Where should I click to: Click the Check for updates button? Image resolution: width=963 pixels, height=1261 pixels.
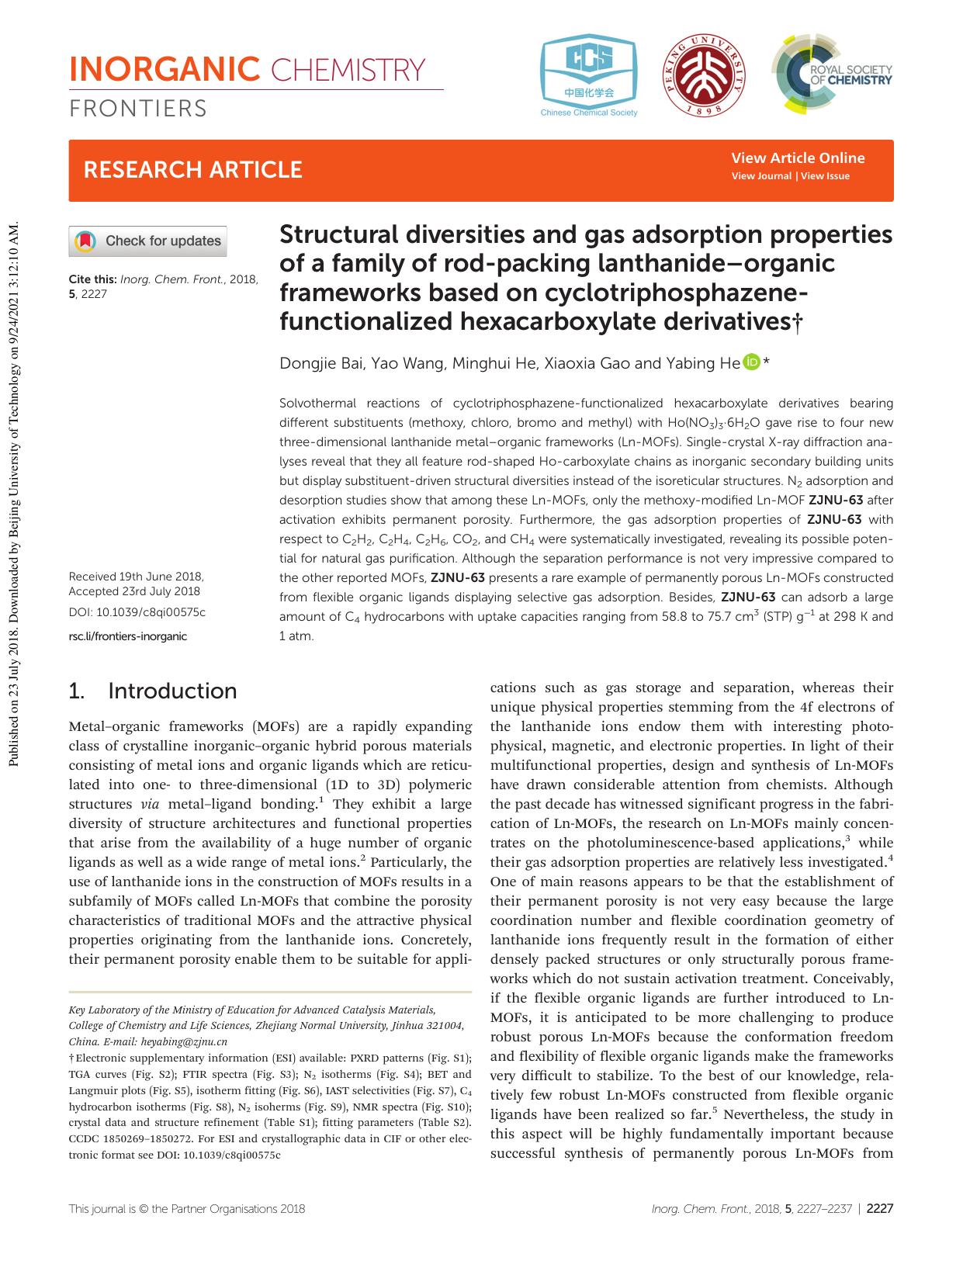point(148,241)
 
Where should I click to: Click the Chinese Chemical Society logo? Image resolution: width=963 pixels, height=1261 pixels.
point(589,76)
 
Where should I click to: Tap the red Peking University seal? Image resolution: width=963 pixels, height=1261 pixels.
point(705,75)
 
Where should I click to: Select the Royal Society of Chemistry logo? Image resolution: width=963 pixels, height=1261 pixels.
point(832,74)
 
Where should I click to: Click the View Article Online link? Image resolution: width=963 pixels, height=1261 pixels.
point(798,158)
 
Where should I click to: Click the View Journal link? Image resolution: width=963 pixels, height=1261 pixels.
point(761,176)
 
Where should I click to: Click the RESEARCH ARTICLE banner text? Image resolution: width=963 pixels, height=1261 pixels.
point(192,170)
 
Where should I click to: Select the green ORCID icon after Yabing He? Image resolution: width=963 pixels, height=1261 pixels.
point(750,362)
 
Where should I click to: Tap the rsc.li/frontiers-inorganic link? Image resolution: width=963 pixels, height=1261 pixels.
point(128,636)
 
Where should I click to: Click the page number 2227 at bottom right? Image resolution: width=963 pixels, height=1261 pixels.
point(879,1208)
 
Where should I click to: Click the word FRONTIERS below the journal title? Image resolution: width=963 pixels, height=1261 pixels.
point(138,109)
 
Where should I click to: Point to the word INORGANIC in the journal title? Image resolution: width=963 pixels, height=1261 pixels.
point(164,70)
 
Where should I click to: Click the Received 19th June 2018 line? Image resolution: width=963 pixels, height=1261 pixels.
point(136,577)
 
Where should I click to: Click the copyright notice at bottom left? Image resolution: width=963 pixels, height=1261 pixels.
point(186,1208)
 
